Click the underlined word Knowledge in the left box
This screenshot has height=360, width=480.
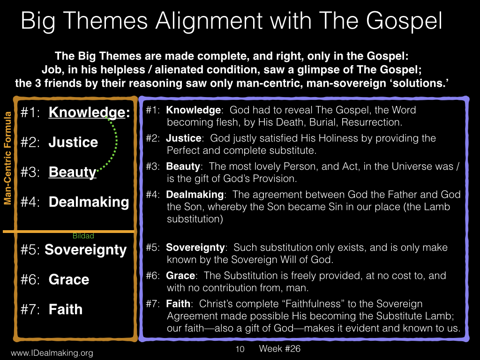tap(87, 112)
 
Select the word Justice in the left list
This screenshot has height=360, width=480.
tap(73, 142)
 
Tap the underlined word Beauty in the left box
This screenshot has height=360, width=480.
tap(73, 172)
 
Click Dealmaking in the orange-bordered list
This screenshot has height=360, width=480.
tap(89, 202)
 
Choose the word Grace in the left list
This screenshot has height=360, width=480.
tap(69, 279)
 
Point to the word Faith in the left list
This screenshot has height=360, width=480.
tap(66, 309)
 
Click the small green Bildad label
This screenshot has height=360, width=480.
tap(83, 236)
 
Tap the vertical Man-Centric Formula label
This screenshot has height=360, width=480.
tap(7, 158)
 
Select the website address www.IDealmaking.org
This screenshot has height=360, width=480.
tap(52, 353)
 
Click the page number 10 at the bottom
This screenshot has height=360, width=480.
tap(240, 349)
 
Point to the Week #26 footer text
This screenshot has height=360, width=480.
tap(279, 348)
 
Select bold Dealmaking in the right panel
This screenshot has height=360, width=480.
tap(195, 195)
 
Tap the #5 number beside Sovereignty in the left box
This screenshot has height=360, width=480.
tap(30, 250)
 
